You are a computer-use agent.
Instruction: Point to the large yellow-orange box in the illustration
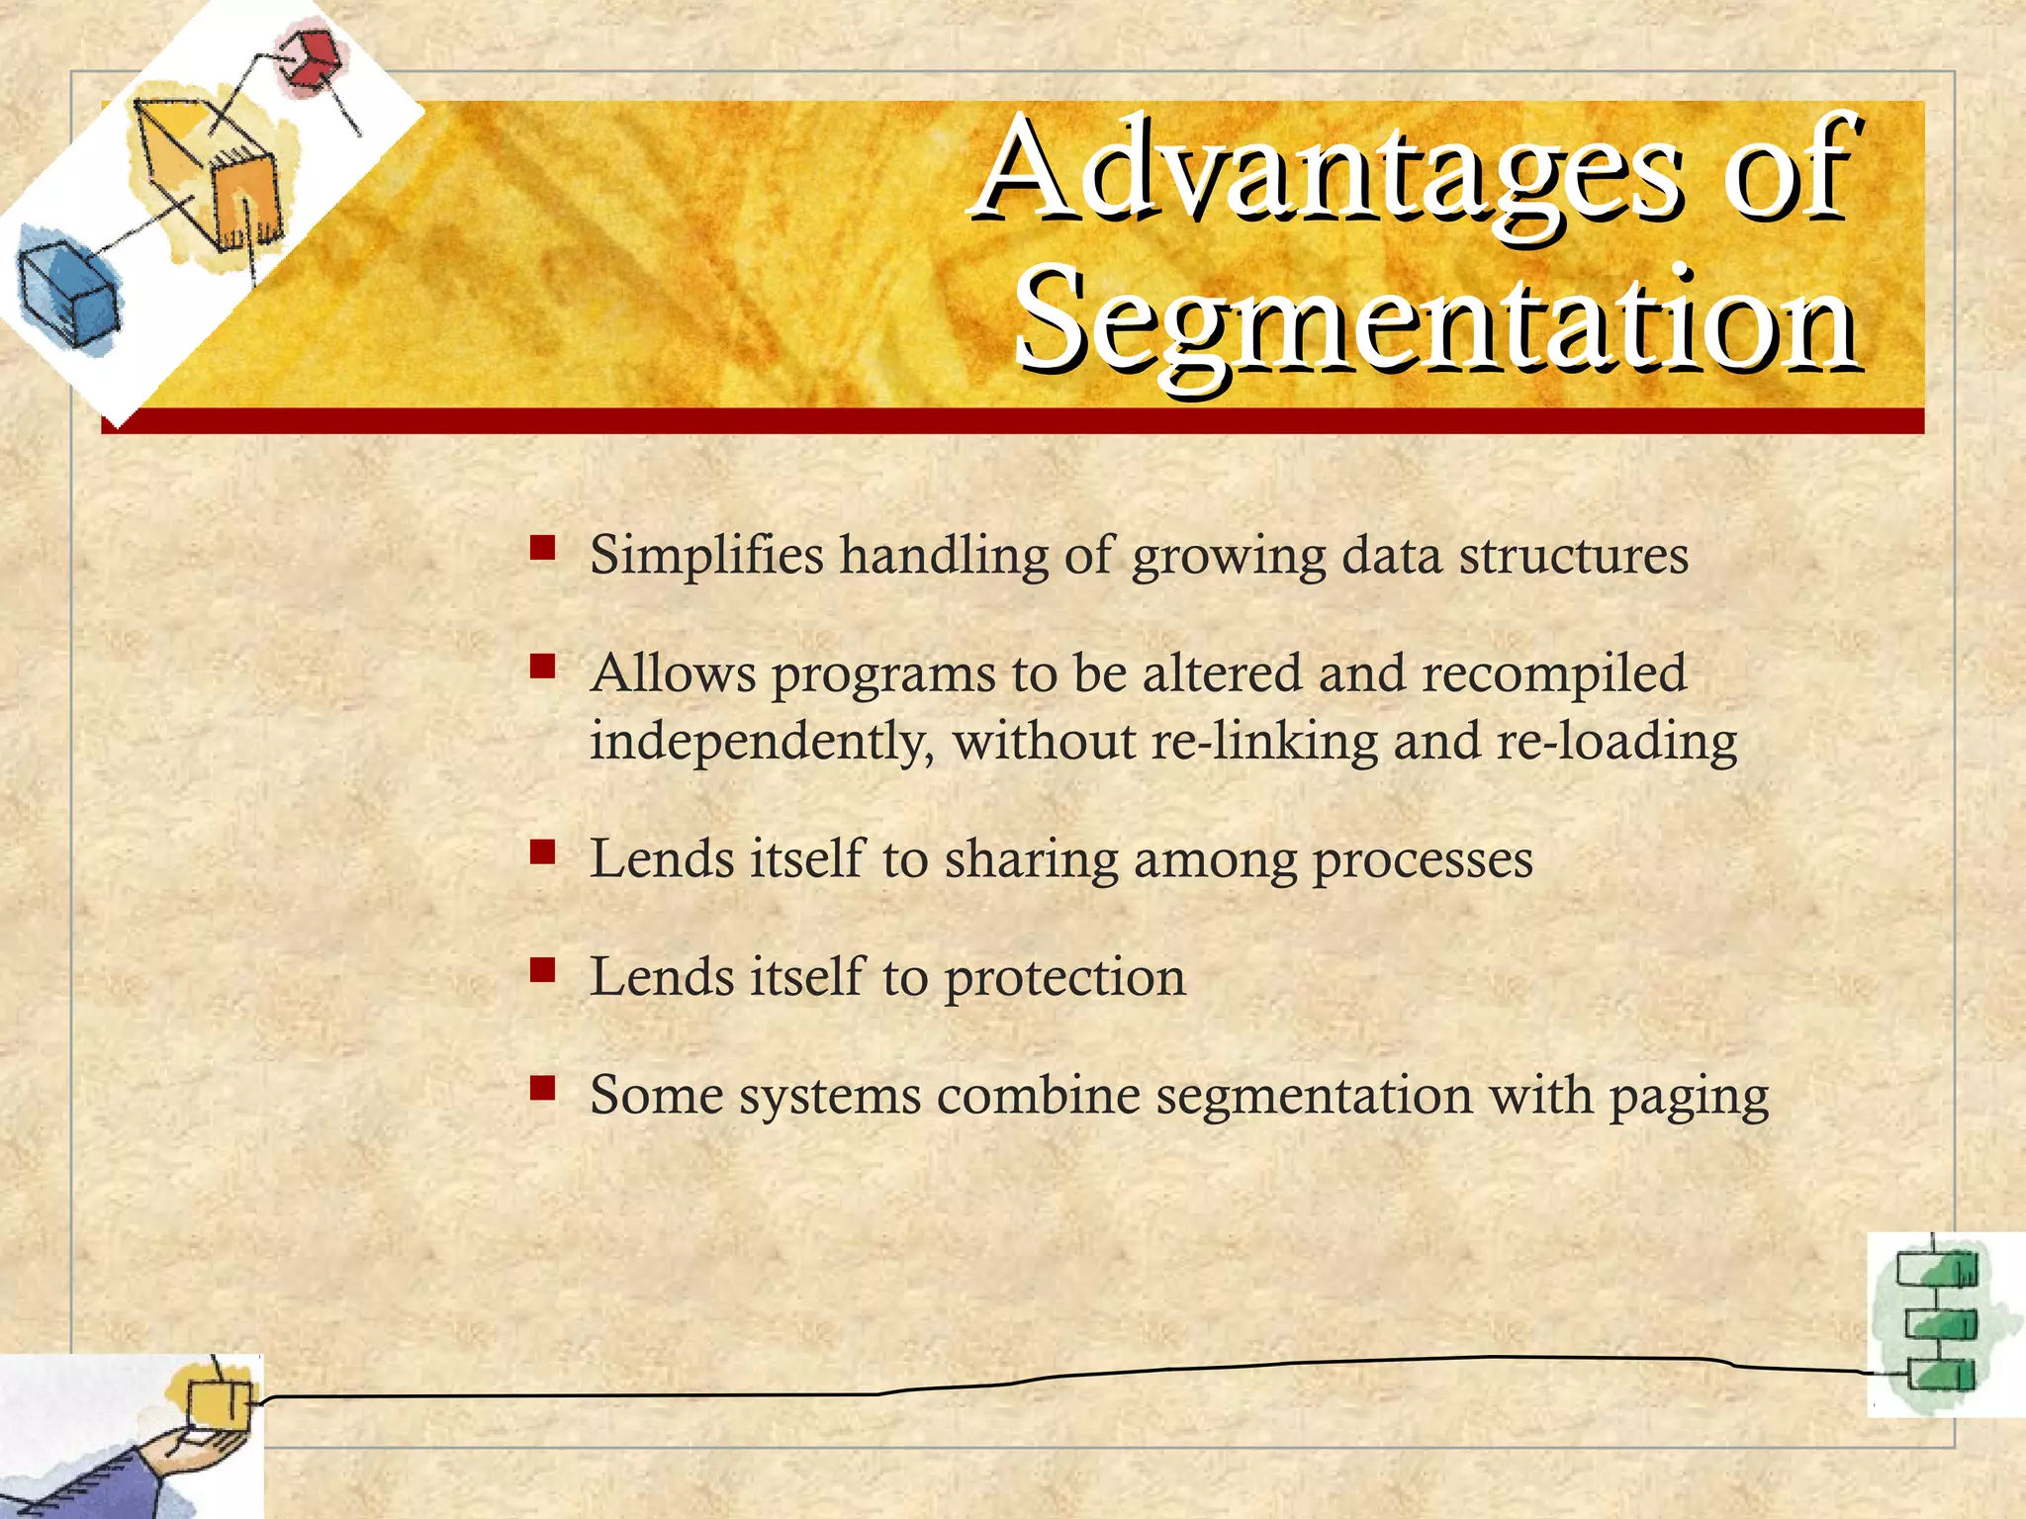pos(213,168)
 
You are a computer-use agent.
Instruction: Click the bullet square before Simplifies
pos(541,548)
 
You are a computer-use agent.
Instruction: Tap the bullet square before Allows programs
pos(541,666)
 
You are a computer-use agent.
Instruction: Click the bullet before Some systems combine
pos(541,1088)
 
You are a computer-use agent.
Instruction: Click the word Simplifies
pos(706,556)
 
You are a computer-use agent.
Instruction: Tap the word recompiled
pos(1553,675)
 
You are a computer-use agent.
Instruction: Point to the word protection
pos(1064,978)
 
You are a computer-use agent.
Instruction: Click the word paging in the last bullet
pos(1689,1097)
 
